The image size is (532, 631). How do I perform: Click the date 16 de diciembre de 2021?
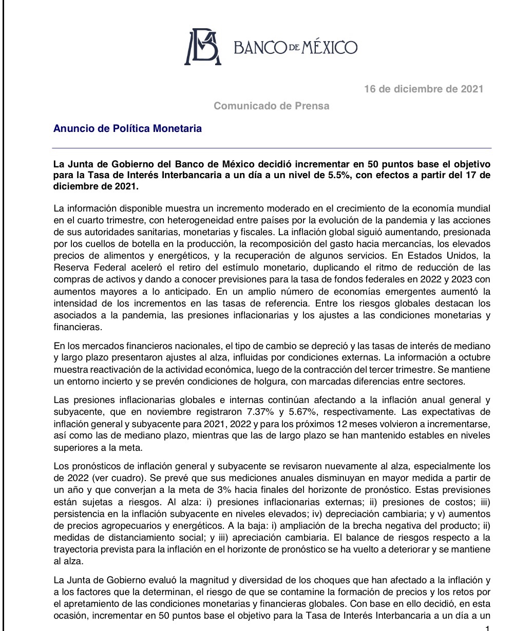(424, 89)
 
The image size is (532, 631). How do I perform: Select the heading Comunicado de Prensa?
(271, 106)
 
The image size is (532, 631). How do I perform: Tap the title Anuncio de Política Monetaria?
(127, 128)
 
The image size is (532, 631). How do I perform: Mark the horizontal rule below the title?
(272, 148)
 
